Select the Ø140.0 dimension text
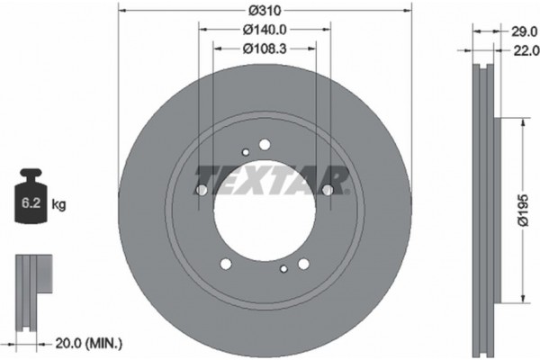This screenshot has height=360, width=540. pos(265,31)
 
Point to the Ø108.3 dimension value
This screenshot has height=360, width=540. pos(265,48)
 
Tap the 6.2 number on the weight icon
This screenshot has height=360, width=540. pos(29,204)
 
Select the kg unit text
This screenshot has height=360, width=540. pos(58,204)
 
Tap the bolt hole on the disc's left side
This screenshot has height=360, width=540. pos(202,191)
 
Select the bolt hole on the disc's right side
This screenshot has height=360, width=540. pos(328,190)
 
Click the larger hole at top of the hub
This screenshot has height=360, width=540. pos(265,144)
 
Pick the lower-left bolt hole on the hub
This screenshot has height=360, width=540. pos(226,263)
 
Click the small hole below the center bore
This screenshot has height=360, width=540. pos(283,268)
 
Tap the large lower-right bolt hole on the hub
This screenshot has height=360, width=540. pos(303,263)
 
